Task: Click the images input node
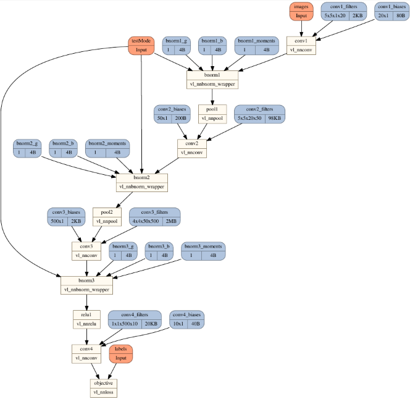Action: (301, 11)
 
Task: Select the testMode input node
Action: (142, 44)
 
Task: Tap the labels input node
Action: (121, 353)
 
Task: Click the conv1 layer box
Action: (301, 46)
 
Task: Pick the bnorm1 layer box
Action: (212, 78)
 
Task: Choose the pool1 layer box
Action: (212, 112)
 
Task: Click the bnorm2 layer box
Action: (142, 181)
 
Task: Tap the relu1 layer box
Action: (86, 318)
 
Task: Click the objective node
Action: (103, 387)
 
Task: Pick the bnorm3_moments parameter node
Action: (203, 250)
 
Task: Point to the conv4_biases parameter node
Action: (187, 318)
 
